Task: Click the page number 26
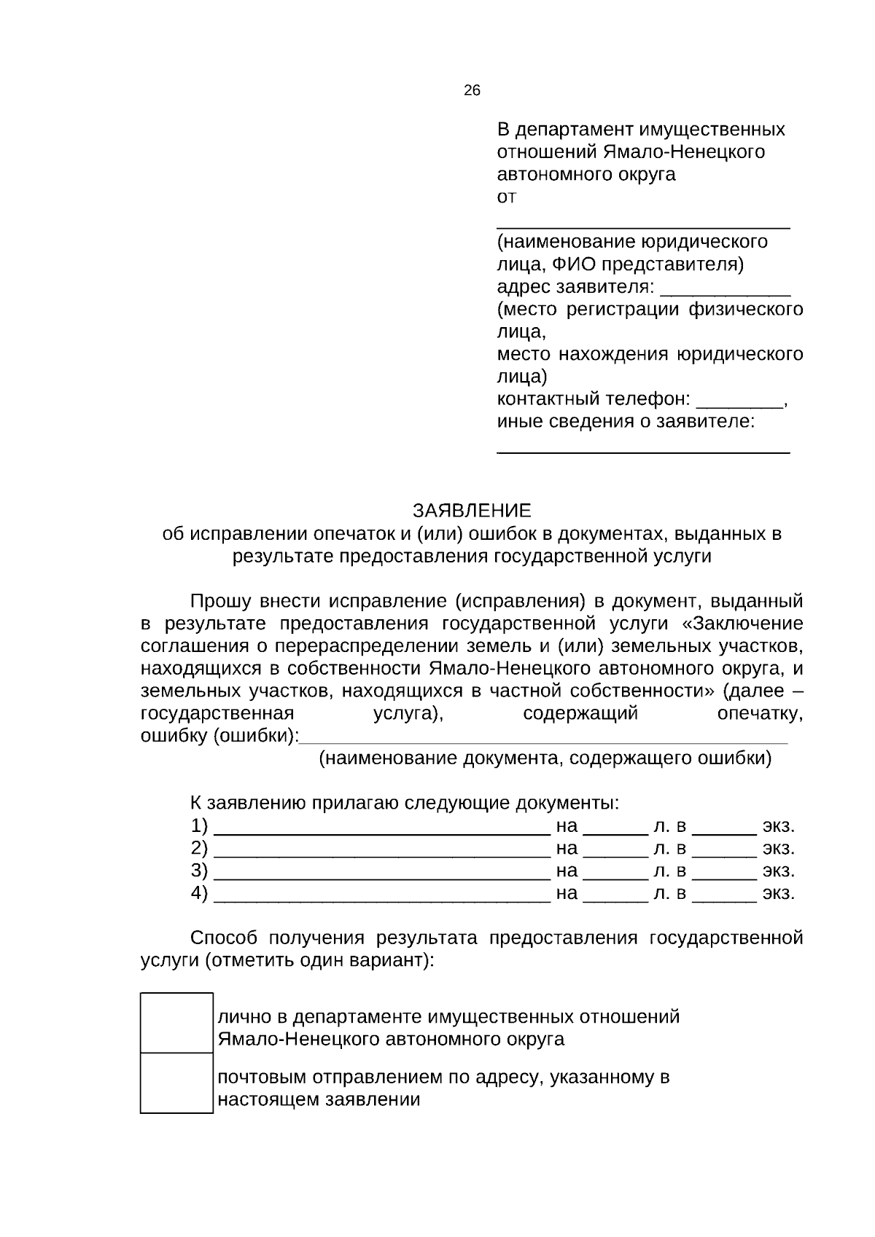[472, 90]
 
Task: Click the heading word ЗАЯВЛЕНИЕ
[472, 511]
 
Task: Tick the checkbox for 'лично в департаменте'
[176, 1023]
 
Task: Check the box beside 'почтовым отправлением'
[176, 1083]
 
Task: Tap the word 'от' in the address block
[506, 197]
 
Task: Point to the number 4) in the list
[199, 893]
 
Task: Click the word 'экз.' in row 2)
[778, 849]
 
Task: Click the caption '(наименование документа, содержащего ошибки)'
[545, 759]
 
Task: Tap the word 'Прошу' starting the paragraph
[219, 601]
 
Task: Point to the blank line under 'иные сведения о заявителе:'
[643, 449]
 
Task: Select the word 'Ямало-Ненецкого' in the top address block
[683, 152]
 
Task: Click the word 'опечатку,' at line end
[760, 714]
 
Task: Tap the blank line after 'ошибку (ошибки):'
[543, 740]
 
